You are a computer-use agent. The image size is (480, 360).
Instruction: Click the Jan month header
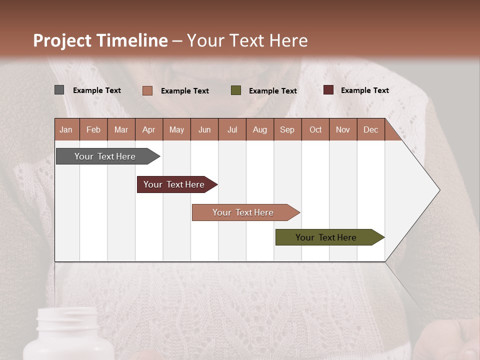[66, 129]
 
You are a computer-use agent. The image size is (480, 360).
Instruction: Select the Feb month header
[93, 129]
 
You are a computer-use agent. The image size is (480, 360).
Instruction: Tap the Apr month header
[149, 129]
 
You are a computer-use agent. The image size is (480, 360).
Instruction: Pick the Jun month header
[204, 129]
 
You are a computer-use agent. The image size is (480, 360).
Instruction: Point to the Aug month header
[259, 129]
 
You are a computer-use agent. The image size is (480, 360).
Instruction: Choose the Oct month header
[315, 129]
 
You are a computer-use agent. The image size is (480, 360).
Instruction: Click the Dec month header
[370, 129]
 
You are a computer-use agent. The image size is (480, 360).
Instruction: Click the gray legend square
[59, 90]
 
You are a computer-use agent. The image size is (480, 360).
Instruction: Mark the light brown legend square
[147, 90]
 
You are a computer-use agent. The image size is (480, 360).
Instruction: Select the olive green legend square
[236, 90]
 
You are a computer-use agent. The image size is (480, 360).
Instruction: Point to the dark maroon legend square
[328, 90]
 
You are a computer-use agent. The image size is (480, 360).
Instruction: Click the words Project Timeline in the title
[100, 40]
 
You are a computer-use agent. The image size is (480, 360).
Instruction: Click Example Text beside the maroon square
[364, 90]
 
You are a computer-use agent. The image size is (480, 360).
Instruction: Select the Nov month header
[343, 129]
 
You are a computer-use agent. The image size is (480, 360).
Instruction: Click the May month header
[176, 129]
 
